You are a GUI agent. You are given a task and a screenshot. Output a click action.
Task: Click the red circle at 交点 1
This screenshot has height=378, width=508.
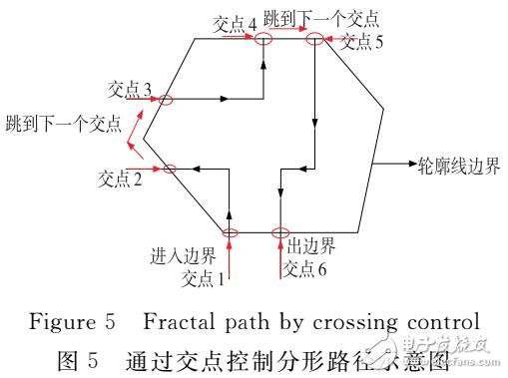(x=230, y=234)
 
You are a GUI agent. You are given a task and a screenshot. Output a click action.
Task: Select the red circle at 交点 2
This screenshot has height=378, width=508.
(x=169, y=169)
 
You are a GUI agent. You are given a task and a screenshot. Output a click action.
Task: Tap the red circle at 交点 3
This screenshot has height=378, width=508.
(x=166, y=99)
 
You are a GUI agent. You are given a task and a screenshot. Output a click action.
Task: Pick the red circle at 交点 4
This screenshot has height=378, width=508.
(x=262, y=38)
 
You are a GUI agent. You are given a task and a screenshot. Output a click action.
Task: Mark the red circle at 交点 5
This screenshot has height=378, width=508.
(x=314, y=39)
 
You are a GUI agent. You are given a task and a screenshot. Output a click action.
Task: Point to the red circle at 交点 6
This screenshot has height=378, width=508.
(x=279, y=234)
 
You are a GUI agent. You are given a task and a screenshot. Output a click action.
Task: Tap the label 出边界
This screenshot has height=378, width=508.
(x=310, y=245)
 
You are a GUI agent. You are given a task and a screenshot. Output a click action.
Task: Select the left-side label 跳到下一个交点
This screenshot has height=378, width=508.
(x=62, y=125)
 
